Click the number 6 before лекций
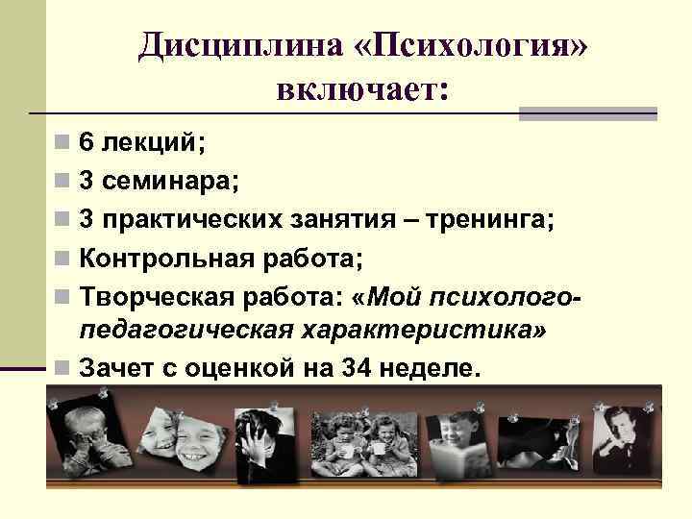click(86, 143)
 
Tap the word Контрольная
click(162, 259)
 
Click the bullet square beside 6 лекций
click(62, 144)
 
